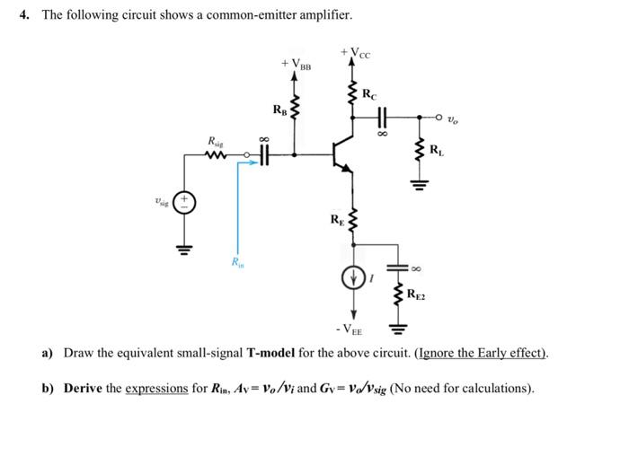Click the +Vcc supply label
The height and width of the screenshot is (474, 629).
[357, 54]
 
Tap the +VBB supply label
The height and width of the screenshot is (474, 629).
[296, 65]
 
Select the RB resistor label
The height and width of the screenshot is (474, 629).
[279, 110]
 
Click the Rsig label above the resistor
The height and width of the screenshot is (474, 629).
[217, 142]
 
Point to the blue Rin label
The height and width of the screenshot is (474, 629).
[236, 262]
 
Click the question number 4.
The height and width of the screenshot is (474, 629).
[25, 15]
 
